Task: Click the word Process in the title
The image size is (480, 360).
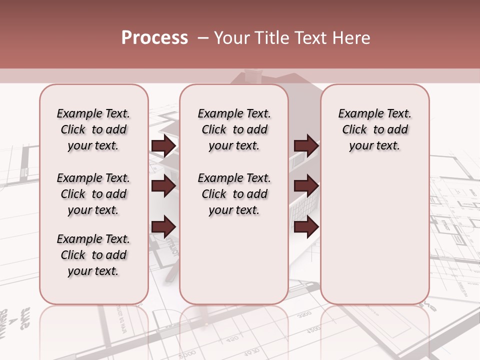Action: (x=154, y=38)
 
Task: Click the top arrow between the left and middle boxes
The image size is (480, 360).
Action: (x=163, y=145)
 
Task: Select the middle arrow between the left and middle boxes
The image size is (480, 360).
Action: (x=163, y=186)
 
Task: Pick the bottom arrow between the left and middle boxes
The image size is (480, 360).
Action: (x=163, y=226)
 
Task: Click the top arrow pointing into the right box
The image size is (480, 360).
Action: (x=306, y=145)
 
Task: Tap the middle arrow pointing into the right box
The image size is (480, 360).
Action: (x=306, y=186)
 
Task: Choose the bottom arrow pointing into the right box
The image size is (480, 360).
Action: (x=306, y=226)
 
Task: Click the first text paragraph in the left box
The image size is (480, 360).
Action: (x=93, y=129)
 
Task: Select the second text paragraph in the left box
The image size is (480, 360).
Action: (x=93, y=194)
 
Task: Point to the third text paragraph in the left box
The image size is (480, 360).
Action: (x=93, y=255)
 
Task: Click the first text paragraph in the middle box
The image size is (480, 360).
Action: (x=234, y=129)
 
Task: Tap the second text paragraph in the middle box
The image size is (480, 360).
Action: (x=234, y=194)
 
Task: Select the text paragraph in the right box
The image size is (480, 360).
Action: (x=375, y=129)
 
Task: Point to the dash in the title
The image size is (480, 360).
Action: (x=203, y=38)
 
